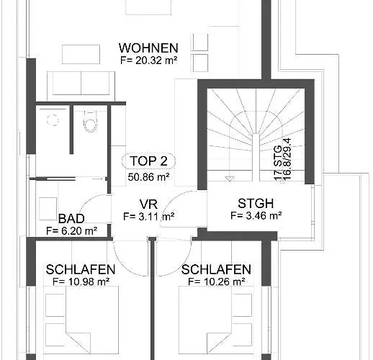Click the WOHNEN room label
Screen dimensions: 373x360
148,48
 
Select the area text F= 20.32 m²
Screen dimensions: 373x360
149,60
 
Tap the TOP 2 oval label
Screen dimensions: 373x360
148,161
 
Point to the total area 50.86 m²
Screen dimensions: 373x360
148,177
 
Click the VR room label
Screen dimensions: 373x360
148,204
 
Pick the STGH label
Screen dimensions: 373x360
256,204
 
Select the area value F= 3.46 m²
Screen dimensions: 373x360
256,215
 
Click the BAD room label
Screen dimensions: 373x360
71,219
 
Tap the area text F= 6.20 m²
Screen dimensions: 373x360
71,231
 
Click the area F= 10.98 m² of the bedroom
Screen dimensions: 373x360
81,282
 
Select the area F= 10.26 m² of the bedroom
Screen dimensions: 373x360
217,282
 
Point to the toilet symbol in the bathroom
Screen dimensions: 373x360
91,121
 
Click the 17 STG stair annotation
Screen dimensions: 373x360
278,163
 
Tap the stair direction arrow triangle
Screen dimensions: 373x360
230,179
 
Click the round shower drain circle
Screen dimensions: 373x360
53,120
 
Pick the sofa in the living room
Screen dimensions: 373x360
81,86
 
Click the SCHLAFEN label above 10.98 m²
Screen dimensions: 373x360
81,269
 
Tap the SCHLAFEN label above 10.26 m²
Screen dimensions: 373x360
216,269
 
